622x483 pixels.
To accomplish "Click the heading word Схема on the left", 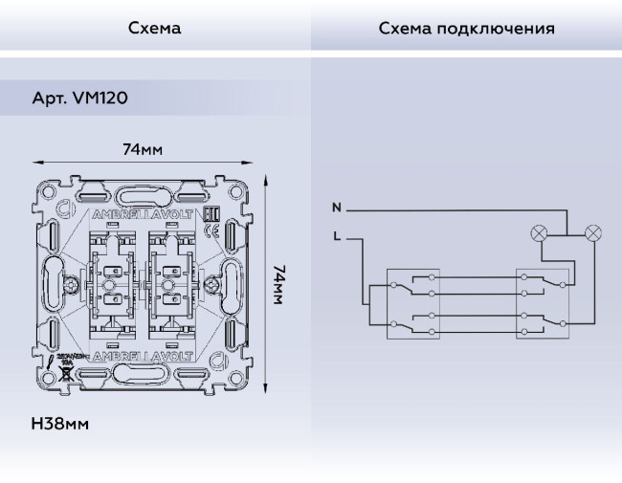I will tap(154, 28).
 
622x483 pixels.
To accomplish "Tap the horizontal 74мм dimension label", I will tap(142, 150).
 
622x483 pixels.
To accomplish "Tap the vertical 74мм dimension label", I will tap(278, 285).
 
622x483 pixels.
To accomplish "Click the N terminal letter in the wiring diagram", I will tap(336, 208).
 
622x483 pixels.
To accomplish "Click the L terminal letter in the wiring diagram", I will tap(336, 235).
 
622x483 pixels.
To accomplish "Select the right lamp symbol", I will tap(594, 231).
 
